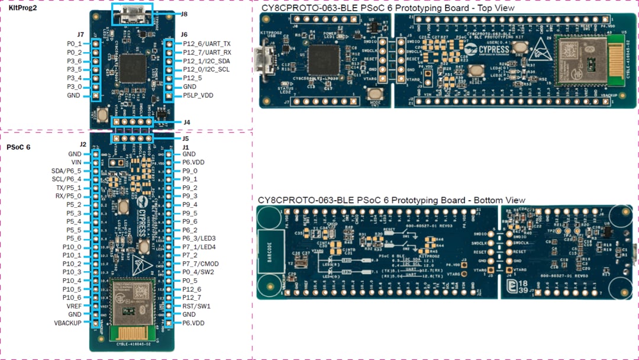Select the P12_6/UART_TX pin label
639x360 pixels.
[207, 44]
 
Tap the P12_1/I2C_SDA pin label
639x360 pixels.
[206, 61]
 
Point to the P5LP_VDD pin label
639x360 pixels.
[198, 95]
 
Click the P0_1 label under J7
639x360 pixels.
[75, 44]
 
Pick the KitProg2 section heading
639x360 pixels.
[21, 8]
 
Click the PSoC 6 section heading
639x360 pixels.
[18, 147]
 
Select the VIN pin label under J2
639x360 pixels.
[76, 162]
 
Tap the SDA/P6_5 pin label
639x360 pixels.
[66, 171]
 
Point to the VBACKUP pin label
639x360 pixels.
[67, 323]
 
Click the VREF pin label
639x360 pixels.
[74, 306]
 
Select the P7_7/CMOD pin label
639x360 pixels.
[199, 264]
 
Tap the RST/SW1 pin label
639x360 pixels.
[196, 306]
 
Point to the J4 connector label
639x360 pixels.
[186, 123]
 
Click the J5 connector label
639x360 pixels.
[186, 139]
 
